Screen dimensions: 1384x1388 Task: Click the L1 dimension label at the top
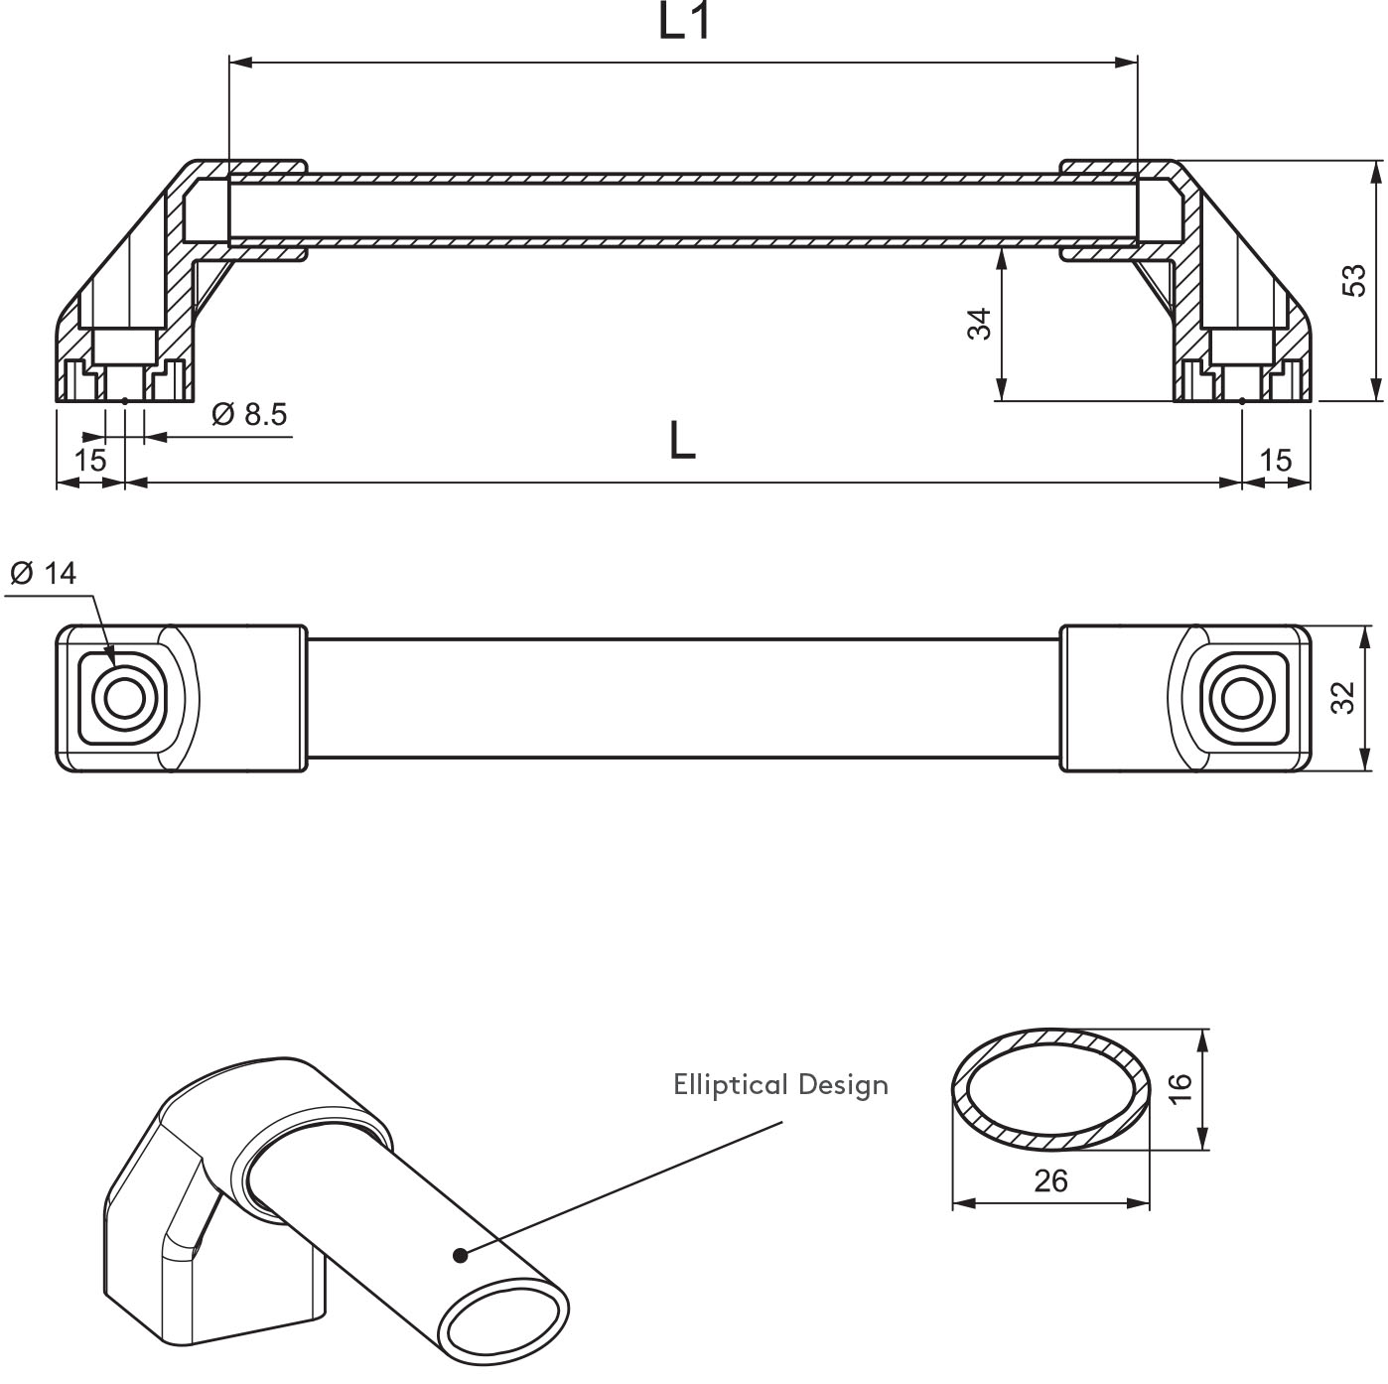(x=685, y=22)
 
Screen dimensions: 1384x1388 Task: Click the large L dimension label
(x=682, y=441)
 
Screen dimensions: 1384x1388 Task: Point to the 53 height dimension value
(x=1354, y=280)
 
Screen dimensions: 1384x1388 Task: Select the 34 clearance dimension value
(x=980, y=325)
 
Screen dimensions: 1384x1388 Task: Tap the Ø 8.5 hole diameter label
(x=249, y=414)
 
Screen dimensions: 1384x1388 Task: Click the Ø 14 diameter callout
(x=42, y=573)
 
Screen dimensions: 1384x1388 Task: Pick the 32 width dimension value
(x=1342, y=697)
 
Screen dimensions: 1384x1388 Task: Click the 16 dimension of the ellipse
(x=1180, y=1089)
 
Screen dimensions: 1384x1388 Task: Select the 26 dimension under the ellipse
(x=1050, y=1180)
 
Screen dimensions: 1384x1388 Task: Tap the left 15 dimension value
(x=89, y=460)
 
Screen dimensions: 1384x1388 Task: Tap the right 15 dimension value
(x=1276, y=460)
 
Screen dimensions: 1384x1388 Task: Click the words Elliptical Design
(x=780, y=1084)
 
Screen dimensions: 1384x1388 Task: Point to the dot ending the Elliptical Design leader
(x=460, y=1255)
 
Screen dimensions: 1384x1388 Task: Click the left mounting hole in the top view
(x=124, y=699)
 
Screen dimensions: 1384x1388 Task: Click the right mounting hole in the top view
(x=1238, y=699)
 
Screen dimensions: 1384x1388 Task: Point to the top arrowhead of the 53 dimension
(x=1375, y=171)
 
